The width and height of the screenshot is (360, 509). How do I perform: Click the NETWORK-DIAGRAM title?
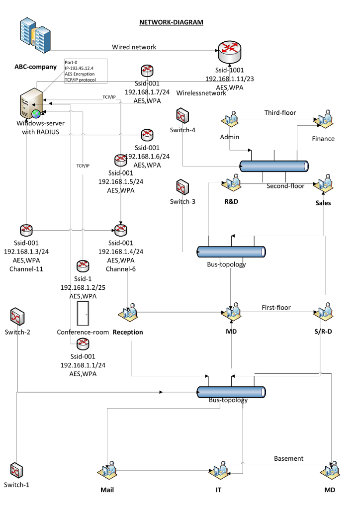coord(171,22)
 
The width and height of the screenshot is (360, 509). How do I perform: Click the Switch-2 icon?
coord(17,316)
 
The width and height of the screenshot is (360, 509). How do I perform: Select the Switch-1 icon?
coord(16,469)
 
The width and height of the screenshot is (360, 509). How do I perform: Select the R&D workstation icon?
coord(231,183)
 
